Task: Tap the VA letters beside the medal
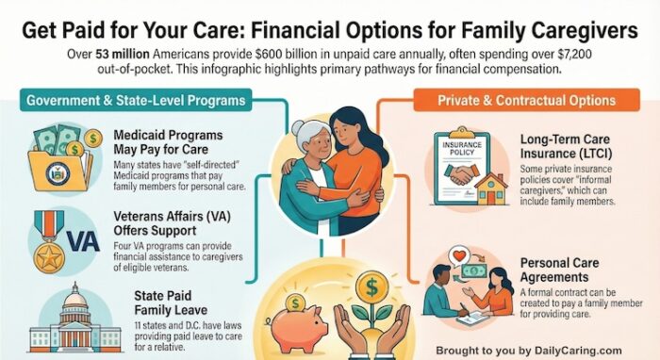84,240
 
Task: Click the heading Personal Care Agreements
569,270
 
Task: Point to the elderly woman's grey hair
306,138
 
